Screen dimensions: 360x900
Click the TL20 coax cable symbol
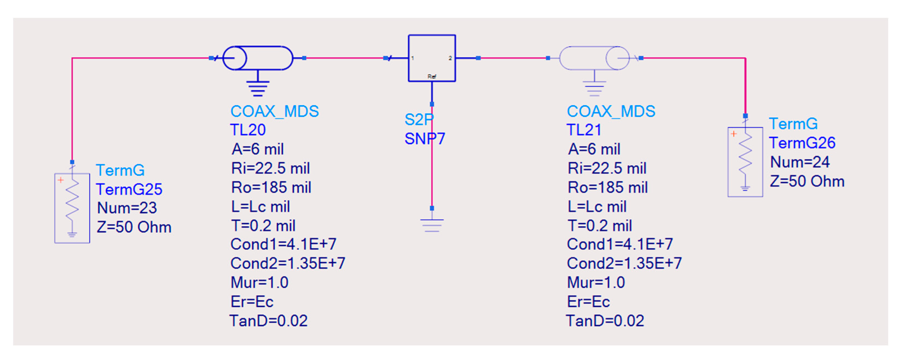(258, 58)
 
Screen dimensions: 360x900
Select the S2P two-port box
(432, 58)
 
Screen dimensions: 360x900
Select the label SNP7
(425, 139)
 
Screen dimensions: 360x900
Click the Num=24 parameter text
(800, 162)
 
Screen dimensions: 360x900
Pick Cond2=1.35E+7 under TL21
(624, 263)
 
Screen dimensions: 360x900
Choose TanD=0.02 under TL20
(268, 321)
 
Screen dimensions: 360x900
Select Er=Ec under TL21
(588, 302)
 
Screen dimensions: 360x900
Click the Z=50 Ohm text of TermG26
(807, 181)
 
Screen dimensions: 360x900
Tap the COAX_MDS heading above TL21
(611, 112)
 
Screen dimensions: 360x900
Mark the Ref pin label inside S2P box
(432, 76)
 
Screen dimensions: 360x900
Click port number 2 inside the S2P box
(450, 58)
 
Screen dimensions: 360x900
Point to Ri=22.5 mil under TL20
(270, 168)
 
